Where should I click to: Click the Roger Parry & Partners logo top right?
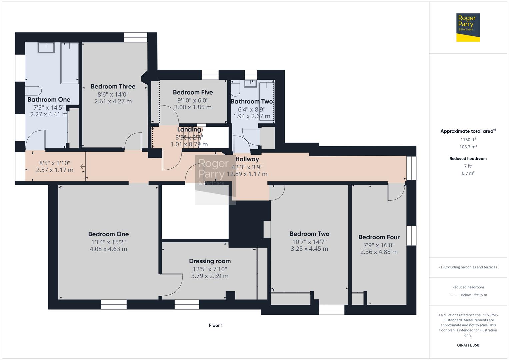point(468,27)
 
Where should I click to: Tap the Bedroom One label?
point(108,234)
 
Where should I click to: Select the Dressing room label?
point(210,261)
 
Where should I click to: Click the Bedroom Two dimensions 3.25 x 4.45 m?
point(309,249)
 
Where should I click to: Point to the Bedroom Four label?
point(379,237)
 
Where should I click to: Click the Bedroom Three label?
point(113,86)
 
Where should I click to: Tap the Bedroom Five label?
point(193,92)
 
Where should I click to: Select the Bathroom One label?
point(49,99)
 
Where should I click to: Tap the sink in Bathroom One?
point(46,48)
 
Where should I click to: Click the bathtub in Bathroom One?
point(69,63)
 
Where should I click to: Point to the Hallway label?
point(247,159)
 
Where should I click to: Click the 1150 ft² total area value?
point(468,140)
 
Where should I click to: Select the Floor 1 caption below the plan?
point(216,325)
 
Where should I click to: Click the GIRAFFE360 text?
point(468,345)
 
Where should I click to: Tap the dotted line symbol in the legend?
point(453,295)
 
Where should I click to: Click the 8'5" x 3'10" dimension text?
point(55,163)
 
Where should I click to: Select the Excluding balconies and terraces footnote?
point(468,267)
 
